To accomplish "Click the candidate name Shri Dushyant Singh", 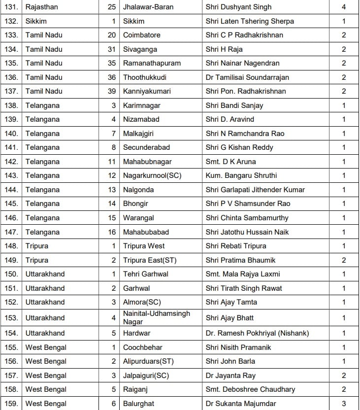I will pyautogui.click(x=238, y=7).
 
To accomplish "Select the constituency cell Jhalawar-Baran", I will pyautogui.click(x=148, y=7).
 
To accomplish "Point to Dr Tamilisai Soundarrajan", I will pyautogui.click(x=254, y=77).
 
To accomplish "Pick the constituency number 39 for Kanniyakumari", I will pyautogui.click(x=112, y=91).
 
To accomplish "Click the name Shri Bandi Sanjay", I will pyautogui.click(x=234, y=105).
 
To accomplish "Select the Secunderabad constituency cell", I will pyautogui.click(x=146, y=147).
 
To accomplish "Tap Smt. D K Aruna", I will pyautogui.click(x=230, y=162).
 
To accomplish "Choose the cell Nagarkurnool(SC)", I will pyautogui.click(x=152, y=175).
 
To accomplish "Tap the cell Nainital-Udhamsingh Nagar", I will pyautogui.click(x=156, y=317).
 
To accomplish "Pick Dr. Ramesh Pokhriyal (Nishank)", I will pyautogui.click(x=257, y=333).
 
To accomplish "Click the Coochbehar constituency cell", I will pyautogui.click(x=143, y=347).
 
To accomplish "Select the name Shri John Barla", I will pyautogui.click(x=230, y=361).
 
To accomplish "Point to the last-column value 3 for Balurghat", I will pyautogui.click(x=344, y=404).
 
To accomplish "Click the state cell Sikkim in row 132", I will pyautogui.click(x=36, y=21).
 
